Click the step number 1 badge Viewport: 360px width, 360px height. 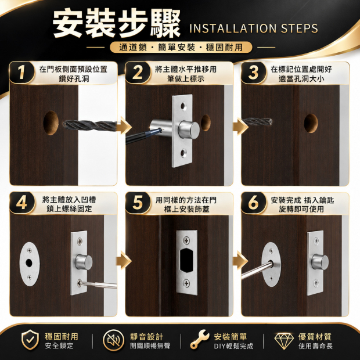22,73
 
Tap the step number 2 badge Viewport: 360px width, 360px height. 138,73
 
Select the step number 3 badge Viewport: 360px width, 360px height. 254,73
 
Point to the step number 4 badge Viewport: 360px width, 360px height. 22,203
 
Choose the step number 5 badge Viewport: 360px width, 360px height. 138,203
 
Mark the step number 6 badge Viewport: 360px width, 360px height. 254,203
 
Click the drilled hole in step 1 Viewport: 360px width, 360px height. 51,123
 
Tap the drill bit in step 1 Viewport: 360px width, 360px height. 90,126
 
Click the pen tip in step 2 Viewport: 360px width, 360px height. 159,131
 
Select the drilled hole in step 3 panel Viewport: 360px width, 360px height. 311,123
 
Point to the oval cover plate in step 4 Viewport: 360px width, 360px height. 30,264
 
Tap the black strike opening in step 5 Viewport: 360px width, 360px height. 186,260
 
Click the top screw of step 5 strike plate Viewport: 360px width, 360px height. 186,240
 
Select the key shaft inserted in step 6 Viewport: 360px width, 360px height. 257,271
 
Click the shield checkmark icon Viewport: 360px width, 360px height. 30,340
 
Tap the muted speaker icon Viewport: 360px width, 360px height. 113,340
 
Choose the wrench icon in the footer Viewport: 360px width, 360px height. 199,339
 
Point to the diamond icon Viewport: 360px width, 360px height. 284,341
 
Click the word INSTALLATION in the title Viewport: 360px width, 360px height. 233,28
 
